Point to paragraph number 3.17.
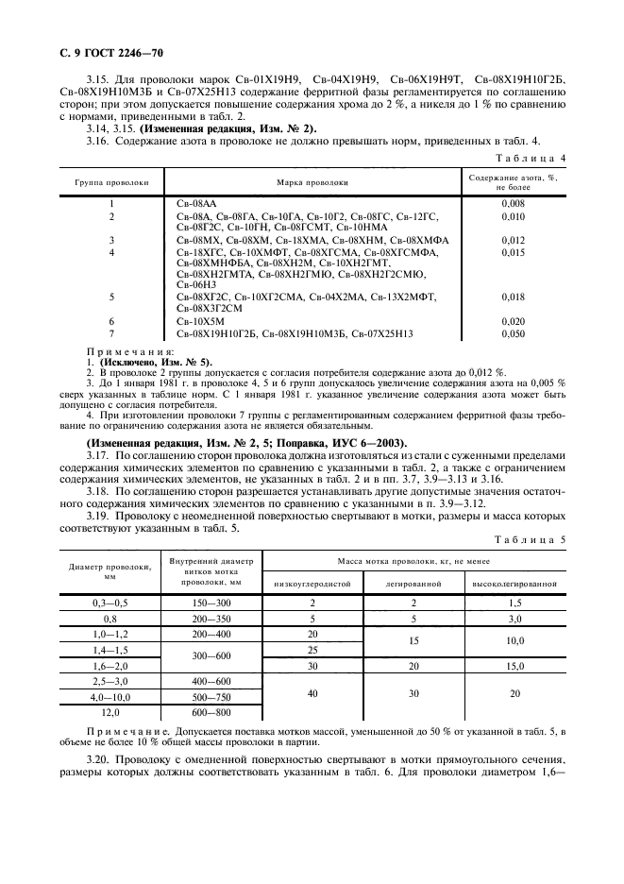point(98,453)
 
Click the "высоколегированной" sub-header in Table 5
point(514,584)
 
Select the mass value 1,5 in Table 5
point(514,603)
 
